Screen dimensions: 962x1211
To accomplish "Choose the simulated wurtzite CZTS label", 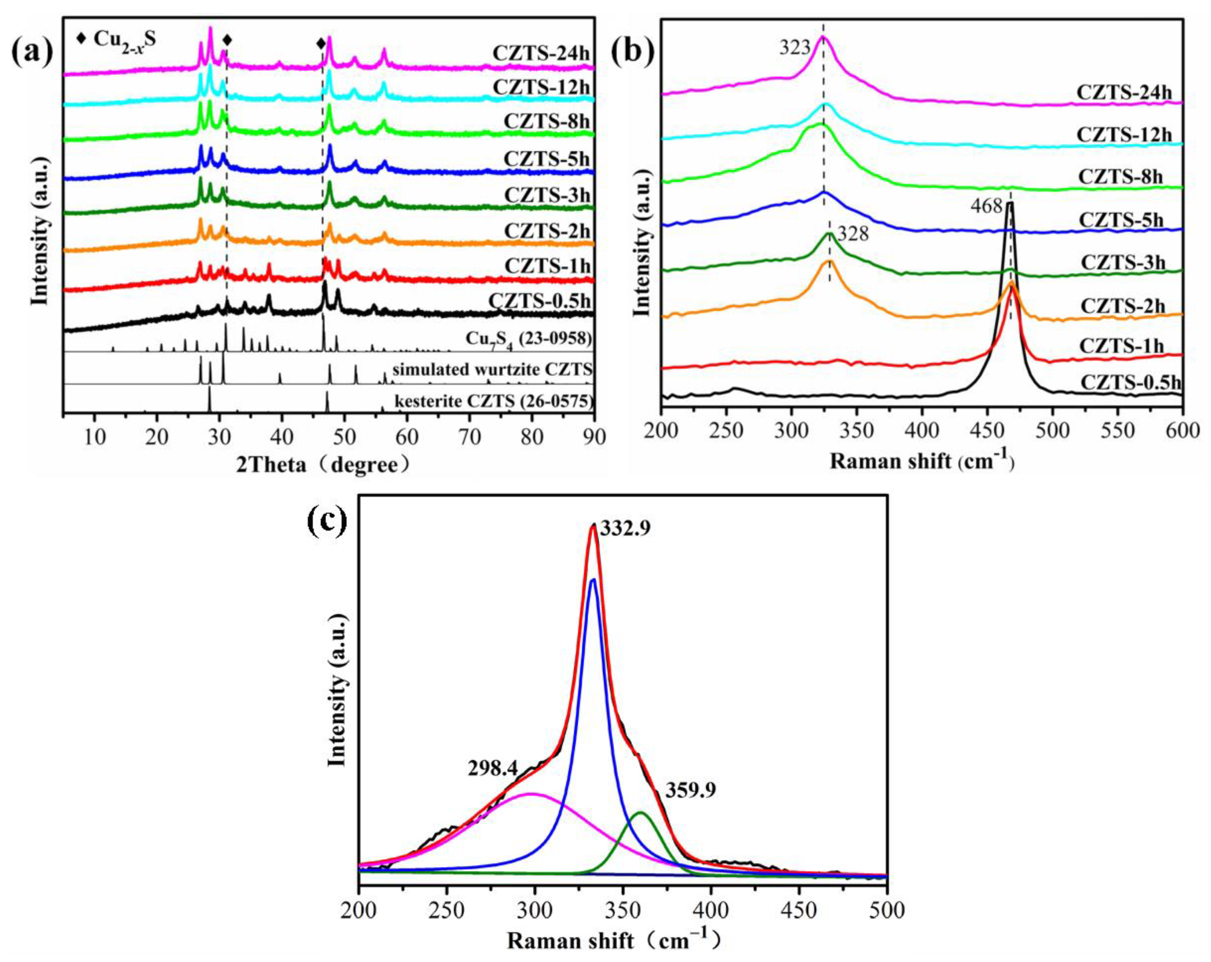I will coord(492,369).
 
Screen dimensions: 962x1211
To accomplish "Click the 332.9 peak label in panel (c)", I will coord(625,528).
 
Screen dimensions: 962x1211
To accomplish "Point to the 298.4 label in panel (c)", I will coord(492,768).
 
